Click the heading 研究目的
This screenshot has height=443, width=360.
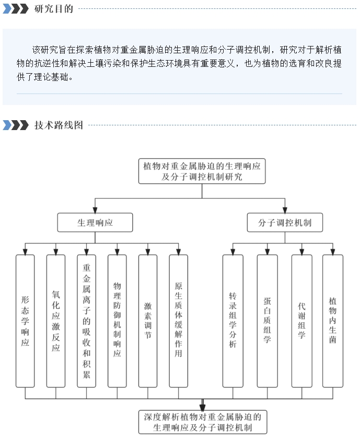pos(54,9)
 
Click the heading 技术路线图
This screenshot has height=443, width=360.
pos(59,125)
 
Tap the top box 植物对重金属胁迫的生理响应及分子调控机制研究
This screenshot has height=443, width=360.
pos(202,171)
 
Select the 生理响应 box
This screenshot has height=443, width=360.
pos(95,223)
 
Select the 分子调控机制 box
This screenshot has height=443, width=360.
pos(285,223)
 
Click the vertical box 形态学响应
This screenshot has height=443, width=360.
pos(25,321)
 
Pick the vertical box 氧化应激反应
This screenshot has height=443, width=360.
pos(56,321)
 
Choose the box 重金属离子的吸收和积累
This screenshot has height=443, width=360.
pos(86,321)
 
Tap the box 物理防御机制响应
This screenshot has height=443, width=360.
pos(117,321)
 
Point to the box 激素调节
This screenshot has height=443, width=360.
pos(148,321)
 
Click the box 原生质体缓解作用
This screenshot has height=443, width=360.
pos(178,321)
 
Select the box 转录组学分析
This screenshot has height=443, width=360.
pos(233,321)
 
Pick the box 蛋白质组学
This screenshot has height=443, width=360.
pos(268,321)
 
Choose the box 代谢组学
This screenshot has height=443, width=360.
pos(302,321)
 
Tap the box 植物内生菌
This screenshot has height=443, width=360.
pos(333,321)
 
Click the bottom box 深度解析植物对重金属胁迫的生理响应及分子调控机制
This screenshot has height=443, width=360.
pos(203,422)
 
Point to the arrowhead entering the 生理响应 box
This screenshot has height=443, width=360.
pos(95,210)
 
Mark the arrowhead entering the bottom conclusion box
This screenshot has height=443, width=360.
pos(202,407)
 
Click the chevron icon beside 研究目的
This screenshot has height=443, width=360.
pos(16,9)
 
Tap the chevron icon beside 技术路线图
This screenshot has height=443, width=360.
pos(16,125)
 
